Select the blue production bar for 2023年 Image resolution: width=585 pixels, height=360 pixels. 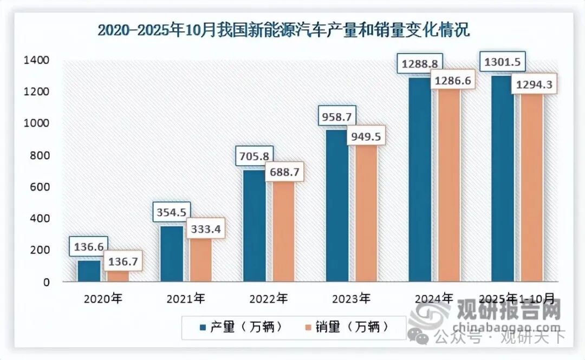click(337, 206)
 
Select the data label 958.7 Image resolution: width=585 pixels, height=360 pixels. click(336, 116)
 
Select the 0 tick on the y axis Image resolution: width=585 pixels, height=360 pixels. click(47, 282)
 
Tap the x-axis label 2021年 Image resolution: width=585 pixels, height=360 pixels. click(186, 298)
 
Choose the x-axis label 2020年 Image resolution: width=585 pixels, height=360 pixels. click(103, 298)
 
